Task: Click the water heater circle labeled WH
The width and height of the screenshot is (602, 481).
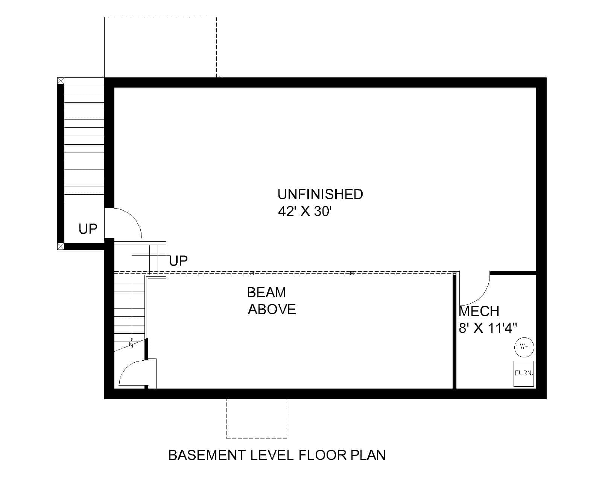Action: tap(524, 346)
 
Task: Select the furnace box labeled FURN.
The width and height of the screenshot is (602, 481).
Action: tap(524, 374)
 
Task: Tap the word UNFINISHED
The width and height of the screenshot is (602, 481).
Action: tap(320, 194)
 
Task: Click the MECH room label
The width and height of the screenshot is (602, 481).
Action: tap(479, 311)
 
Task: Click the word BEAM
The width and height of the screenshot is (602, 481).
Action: tap(266, 292)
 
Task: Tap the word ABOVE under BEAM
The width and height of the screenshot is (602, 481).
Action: tap(272, 309)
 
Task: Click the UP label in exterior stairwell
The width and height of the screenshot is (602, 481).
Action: tap(88, 228)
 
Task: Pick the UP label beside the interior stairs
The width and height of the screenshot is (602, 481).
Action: tap(178, 260)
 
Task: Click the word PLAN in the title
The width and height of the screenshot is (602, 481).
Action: tap(368, 455)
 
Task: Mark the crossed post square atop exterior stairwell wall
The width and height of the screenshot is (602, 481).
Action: tap(61, 80)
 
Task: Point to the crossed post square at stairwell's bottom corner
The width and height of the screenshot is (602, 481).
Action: tap(61, 247)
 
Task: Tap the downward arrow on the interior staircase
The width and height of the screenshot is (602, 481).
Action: tap(132, 344)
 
